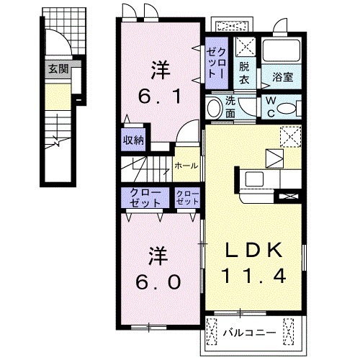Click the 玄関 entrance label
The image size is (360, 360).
59,70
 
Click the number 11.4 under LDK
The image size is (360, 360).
255,274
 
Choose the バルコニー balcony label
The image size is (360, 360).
248,333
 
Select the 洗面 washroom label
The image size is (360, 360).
230,107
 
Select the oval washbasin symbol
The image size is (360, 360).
214,109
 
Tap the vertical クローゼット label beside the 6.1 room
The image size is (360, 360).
217,60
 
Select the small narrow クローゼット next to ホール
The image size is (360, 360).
188,197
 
